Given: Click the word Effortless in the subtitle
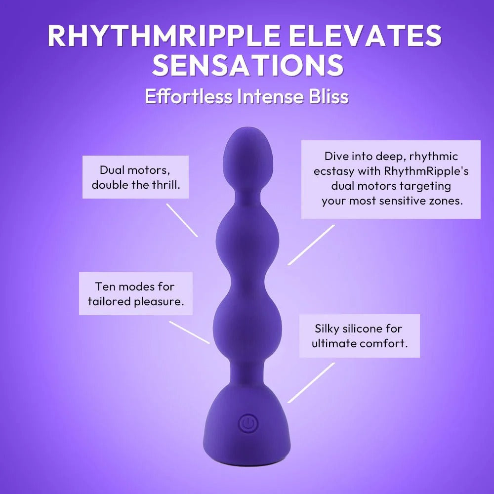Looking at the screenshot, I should [188, 96].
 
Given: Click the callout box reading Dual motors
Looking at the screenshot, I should [135, 177].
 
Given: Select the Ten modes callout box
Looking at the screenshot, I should [135, 293].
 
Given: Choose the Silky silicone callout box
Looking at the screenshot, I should [359, 336].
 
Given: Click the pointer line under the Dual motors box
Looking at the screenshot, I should [182, 220].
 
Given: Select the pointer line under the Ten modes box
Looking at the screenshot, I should [189, 332].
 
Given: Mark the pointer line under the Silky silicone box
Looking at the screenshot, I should [311, 383].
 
